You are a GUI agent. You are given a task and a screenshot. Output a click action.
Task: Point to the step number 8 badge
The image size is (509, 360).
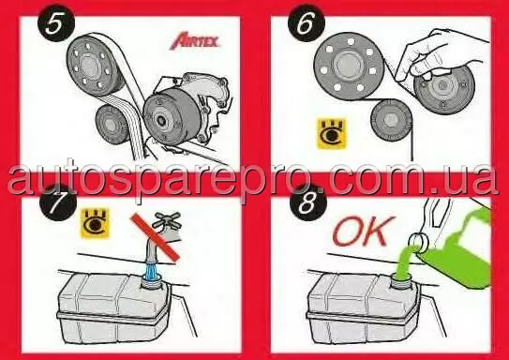pyautogui.click(x=307, y=203)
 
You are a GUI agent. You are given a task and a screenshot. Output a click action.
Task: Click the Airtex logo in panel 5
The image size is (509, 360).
pyautogui.click(x=194, y=40)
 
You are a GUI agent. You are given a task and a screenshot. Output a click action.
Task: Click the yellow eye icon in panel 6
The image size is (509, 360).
pyautogui.click(x=332, y=134)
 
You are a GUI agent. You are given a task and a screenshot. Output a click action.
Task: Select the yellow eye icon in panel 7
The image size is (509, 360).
pyautogui.click(x=95, y=222)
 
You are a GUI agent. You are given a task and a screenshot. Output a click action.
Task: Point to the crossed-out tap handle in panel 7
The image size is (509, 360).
pyautogui.click(x=166, y=220)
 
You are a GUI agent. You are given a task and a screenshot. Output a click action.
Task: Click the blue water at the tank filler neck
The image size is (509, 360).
pyautogui.click(x=152, y=271)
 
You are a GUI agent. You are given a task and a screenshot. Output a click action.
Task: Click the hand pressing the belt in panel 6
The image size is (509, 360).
pyautogui.click(x=442, y=55)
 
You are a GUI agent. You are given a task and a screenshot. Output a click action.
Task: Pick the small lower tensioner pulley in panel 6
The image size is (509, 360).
pyautogui.click(x=391, y=119)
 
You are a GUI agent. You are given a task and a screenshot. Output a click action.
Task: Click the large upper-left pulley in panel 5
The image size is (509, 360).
pyautogui.click(x=95, y=65)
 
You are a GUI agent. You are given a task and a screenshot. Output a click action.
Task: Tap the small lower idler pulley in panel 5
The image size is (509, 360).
pyautogui.click(x=111, y=125)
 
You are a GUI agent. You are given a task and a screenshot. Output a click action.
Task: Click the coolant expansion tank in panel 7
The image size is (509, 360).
pyautogui.click(x=114, y=308)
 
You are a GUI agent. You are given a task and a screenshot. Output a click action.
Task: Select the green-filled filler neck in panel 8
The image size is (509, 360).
pyautogui.click(x=402, y=279)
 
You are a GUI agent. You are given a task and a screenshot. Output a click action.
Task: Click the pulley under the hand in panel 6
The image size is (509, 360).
pyautogui.click(x=443, y=88)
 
